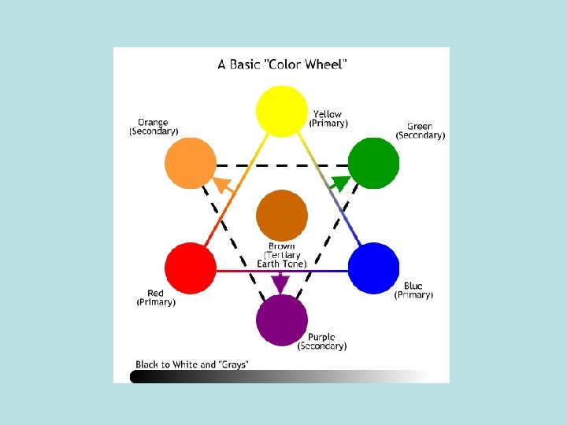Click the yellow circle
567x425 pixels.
(282, 111)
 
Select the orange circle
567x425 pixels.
(190, 164)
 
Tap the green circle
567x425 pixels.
(374, 164)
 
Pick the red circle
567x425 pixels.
(190, 269)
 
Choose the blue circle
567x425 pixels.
(374, 269)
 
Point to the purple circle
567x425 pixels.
(282, 320)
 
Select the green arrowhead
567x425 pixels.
(340, 184)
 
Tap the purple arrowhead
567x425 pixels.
(281, 283)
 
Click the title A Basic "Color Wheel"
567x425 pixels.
(281, 65)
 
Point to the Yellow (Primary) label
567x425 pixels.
(328, 119)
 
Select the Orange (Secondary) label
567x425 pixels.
(154, 128)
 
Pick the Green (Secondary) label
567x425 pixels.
(420, 131)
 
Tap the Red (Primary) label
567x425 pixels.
(156, 297)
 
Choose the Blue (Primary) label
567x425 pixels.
(413, 290)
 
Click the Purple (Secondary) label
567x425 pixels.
(322, 342)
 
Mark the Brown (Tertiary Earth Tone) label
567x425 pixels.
(282, 255)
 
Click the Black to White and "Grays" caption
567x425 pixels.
(192, 364)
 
